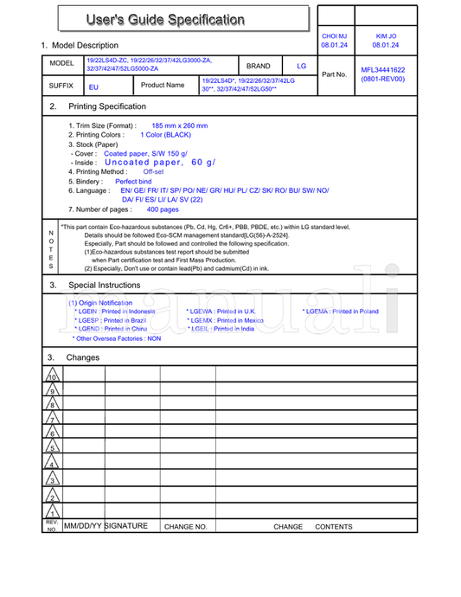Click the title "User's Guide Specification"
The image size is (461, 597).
164,19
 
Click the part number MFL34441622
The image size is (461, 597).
382,70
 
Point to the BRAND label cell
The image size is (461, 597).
258,66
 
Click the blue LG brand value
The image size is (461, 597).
301,66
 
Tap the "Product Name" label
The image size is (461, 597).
163,86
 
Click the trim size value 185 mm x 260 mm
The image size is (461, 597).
179,125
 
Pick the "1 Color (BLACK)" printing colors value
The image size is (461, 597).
165,135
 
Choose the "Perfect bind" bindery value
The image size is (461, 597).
133,182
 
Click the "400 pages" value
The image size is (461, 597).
163,209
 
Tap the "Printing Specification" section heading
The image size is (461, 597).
107,106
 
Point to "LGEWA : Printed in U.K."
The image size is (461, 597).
221,311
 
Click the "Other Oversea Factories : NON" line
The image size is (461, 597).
116,339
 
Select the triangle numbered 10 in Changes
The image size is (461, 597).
52,377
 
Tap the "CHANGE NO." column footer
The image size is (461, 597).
185,526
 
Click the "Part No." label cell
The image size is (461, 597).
334,74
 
